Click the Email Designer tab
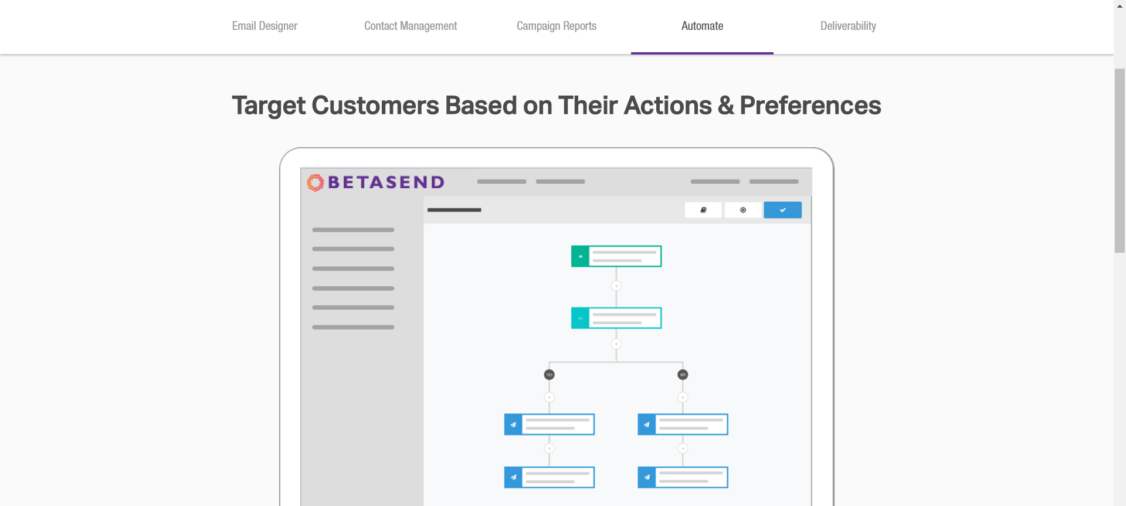point(264,26)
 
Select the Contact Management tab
point(411,26)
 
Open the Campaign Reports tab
point(557,26)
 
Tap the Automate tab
point(702,26)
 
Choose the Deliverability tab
point(848,26)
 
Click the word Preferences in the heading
point(810,106)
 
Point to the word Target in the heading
point(269,106)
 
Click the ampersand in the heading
point(725,106)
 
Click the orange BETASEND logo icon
point(316,182)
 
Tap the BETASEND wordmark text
point(386,182)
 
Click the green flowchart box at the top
point(616,256)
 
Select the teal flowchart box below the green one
point(616,318)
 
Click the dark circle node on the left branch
point(550,375)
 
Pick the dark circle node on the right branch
point(683,375)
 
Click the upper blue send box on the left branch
point(550,425)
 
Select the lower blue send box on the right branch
point(683,477)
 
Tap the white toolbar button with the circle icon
point(743,210)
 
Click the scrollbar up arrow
point(1120,5)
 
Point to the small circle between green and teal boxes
point(616,286)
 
